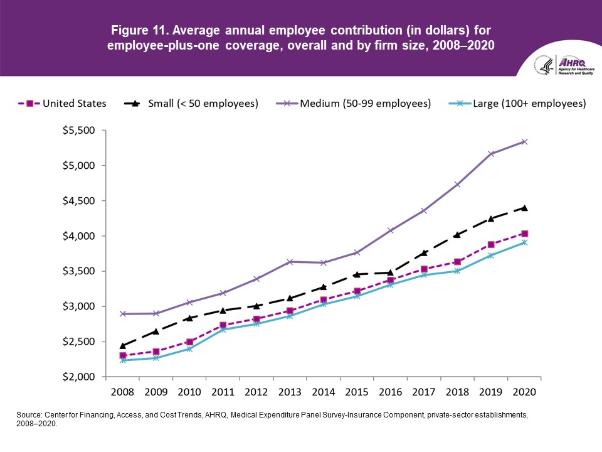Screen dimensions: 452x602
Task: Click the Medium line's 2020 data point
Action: tap(524, 142)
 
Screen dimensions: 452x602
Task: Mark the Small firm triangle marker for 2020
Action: tap(524, 208)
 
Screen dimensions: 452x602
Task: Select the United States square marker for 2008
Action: tap(123, 356)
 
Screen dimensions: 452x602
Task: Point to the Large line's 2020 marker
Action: tap(524, 242)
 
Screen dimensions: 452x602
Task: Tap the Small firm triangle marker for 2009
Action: tap(156, 331)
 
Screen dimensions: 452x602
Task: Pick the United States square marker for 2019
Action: tap(491, 245)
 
